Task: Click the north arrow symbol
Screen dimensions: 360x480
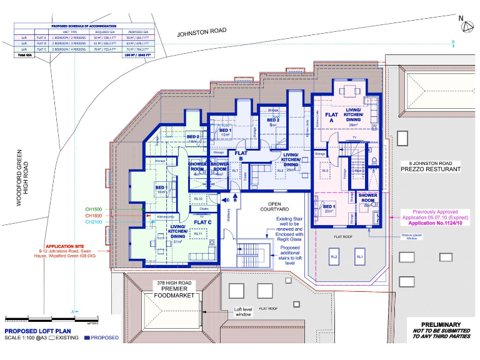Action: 462,24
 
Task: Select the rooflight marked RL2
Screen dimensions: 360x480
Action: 334,257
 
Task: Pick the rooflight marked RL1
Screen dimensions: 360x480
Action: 360,257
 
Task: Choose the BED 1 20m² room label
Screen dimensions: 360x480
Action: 329,208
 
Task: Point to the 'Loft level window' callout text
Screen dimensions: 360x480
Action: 242,311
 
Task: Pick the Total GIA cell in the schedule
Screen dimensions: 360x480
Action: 26,56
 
